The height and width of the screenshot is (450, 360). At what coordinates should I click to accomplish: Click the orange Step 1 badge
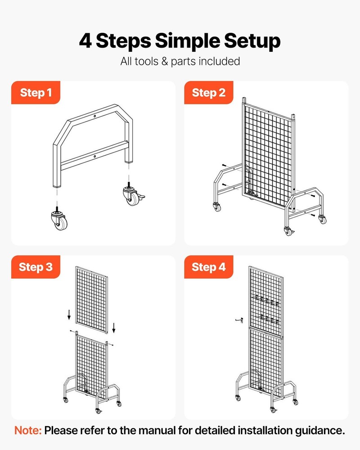pyautogui.click(x=36, y=93)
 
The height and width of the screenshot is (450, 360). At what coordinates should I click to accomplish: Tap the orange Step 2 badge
pyautogui.click(x=208, y=93)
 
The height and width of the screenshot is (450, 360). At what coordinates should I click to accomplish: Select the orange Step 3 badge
pyautogui.click(x=36, y=267)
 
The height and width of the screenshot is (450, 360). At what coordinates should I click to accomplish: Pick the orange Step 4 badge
pyautogui.click(x=208, y=267)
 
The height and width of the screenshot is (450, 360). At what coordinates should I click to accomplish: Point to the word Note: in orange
pyautogui.click(x=28, y=430)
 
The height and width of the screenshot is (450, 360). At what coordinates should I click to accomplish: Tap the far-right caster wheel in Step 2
pyautogui.click(x=322, y=219)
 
